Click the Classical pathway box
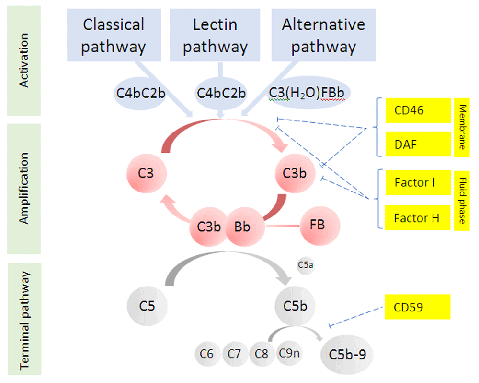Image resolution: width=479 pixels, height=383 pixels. [114, 35]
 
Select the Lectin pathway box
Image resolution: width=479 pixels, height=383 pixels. [215, 35]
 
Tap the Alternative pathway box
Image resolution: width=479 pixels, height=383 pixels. [323, 35]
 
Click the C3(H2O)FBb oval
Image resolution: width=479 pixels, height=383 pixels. [308, 93]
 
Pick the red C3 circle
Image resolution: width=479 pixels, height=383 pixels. [147, 173]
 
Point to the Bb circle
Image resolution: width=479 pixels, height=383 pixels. [245, 227]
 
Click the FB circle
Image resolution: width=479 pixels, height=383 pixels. [320, 226]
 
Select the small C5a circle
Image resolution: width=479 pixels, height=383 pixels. [306, 265]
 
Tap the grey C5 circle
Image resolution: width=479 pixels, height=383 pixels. [147, 306]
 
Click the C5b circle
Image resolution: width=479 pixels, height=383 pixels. [295, 306]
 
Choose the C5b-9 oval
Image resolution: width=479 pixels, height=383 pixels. [347, 355]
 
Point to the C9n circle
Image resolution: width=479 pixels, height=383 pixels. [289, 353]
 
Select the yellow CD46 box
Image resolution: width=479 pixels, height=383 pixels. [418, 110]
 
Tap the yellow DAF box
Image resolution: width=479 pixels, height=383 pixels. [418, 144]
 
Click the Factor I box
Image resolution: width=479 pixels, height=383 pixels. [418, 182]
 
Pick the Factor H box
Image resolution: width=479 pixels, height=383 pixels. [418, 218]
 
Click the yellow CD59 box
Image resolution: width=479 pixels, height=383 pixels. [418, 307]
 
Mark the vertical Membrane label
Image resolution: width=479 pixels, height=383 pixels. [462, 127]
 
